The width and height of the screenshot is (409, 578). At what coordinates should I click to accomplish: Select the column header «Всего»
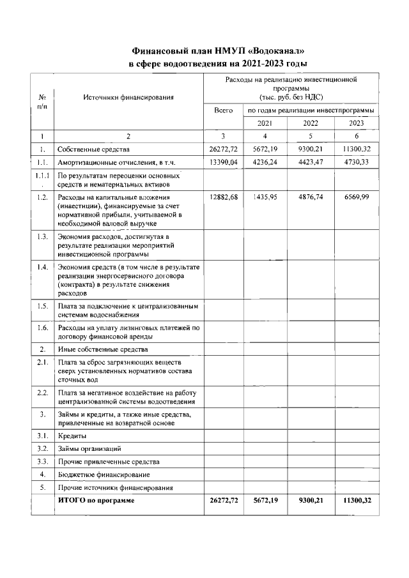(x=223, y=110)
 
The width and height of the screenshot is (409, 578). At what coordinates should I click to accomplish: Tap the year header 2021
(x=265, y=123)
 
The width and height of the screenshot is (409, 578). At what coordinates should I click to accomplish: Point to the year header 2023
(x=357, y=123)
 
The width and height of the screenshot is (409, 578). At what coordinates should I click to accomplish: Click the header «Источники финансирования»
(x=128, y=98)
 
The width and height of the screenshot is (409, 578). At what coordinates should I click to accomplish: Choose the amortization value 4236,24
(x=265, y=162)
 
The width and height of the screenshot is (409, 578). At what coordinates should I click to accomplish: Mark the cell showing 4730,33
(x=357, y=162)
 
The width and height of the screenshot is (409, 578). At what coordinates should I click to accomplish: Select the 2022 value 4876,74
(x=311, y=197)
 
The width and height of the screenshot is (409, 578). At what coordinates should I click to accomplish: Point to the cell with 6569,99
(x=357, y=197)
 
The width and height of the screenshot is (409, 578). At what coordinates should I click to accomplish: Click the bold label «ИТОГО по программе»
(x=96, y=501)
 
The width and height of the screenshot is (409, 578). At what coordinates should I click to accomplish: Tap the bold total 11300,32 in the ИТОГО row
(x=357, y=501)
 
